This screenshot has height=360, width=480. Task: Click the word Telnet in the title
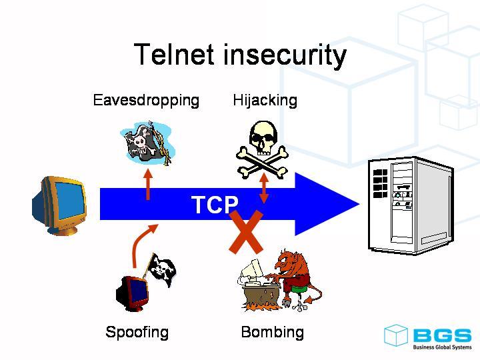point(174,55)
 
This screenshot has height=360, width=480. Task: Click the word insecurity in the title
point(285,55)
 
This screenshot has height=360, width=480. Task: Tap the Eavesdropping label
point(146,101)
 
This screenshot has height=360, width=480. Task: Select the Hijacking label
point(265,101)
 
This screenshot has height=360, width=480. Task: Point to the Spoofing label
point(137,332)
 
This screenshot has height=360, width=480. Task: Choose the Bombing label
point(272,332)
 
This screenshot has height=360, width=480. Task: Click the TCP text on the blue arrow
point(214,205)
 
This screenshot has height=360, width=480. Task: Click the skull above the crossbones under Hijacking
point(263,135)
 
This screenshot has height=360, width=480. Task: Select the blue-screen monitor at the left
point(61,205)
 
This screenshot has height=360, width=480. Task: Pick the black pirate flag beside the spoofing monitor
point(161,268)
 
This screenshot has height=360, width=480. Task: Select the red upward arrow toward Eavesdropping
point(148,183)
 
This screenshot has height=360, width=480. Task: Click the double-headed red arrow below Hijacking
point(265,188)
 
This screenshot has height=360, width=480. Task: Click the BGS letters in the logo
point(441,335)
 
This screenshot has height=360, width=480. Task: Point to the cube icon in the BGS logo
point(396,335)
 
